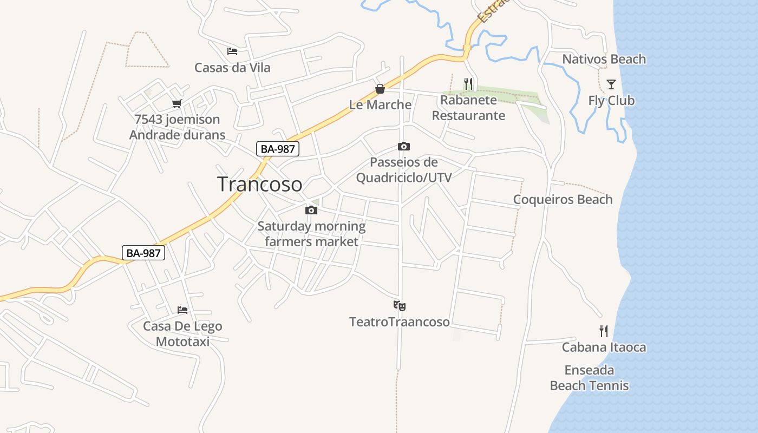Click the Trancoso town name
(259, 185)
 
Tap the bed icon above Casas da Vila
(232, 51)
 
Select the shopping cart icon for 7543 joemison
(177, 103)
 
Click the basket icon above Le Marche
(380, 88)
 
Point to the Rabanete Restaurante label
(468, 108)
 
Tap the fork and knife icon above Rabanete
(468, 83)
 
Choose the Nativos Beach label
(604, 59)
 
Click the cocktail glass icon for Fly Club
(611, 84)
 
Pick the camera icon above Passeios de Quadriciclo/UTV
(403, 146)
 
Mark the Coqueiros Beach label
(563, 199)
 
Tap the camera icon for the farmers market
(311, 210)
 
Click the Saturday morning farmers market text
(311, 234)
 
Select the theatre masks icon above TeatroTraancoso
(400, 306)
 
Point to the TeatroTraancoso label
(400, 322)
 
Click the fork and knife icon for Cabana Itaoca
(604, 331)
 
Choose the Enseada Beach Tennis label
(589, 378)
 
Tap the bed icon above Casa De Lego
(182, 310)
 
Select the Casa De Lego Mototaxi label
(182, 334)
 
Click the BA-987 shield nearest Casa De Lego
(143, 253)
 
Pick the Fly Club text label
(611, 101)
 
